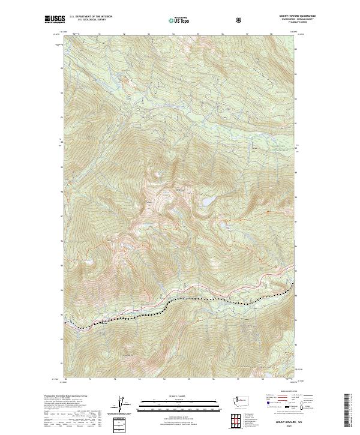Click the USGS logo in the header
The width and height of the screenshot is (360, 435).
(53, 20)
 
